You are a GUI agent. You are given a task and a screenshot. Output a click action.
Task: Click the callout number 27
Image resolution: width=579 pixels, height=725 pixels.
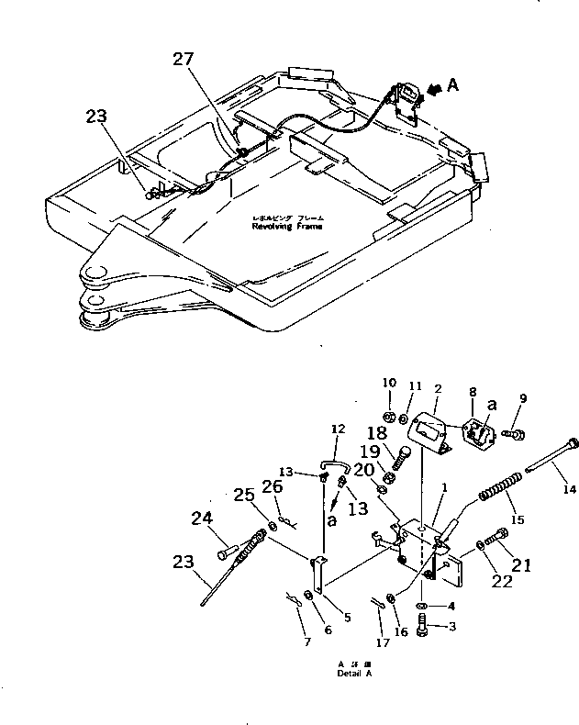(x=184, y=60)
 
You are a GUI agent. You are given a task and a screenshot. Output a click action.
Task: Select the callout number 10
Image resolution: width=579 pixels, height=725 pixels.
(x=389, y=383)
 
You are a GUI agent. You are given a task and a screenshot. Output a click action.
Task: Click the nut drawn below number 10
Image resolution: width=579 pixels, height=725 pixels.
(x=389, y=418)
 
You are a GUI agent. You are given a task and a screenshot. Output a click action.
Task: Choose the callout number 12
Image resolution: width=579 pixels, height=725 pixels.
(x=338, y=429)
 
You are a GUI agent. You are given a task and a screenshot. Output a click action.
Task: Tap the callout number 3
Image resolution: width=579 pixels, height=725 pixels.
(x=451, y=628)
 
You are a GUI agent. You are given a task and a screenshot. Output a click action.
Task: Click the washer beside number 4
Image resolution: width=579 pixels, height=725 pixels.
(x=420, y=608)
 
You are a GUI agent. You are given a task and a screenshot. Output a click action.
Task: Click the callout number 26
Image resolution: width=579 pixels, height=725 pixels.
(x=273, y=486)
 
